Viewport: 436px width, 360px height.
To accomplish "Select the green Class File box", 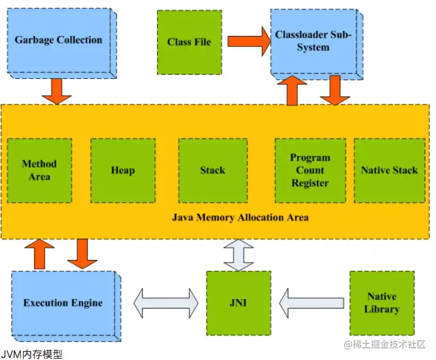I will tap(189, 42).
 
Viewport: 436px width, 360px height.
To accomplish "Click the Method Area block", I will tap(39, 170).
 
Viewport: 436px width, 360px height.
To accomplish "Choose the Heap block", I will tap(123, 170).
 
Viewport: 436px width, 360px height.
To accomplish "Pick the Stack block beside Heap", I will tap(212, 170).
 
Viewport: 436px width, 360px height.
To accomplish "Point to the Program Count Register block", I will tap(310, 170).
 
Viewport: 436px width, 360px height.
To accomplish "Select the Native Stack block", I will tap(389, 170).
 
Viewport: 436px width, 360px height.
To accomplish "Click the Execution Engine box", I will tap(63, 303).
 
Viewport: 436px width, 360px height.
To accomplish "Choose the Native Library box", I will tap(382, 303).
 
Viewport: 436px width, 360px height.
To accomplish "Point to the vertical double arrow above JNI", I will tap(237, 255).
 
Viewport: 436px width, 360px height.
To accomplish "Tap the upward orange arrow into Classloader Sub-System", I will tap(292, 90).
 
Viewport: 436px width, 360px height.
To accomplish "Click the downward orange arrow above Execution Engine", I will tap(82, 253).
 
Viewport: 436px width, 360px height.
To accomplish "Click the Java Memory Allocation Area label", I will tap(240, 217).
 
